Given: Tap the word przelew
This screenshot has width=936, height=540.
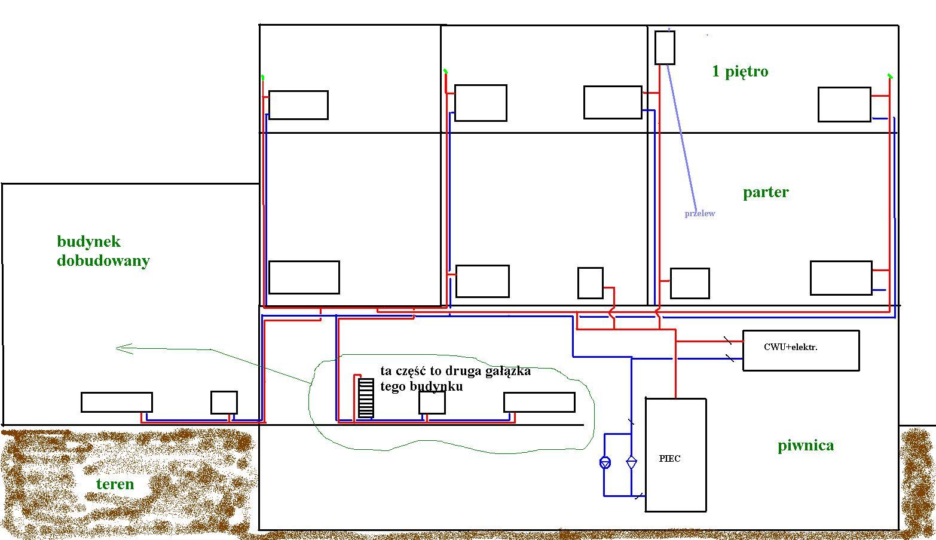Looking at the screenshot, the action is pyautogui.click(x=700, y=213).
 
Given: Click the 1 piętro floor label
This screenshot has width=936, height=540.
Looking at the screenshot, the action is pyautogui.click(x=740, y=72).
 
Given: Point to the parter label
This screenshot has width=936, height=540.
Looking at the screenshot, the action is pyautogui.click(x=766, y=192).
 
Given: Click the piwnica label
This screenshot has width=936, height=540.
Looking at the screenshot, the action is pyautogui.click(x=806, y=445).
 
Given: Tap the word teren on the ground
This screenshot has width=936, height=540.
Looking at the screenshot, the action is pyautogui.click(x=115, y=484).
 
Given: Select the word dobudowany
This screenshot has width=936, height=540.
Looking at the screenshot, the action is pyautogui.click(x=103, y=260).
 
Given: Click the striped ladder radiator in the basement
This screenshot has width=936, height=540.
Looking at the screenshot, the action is pyautogui.click(x=366, y=398).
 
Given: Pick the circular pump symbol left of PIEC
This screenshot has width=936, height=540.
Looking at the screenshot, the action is pyautogui.click(x=605, y=462).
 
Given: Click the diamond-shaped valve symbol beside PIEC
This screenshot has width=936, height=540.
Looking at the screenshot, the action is pyautogui.click(x=631, y=462).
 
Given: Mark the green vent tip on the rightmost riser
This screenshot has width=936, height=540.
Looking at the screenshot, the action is pyautogui.click(x=890, y=76).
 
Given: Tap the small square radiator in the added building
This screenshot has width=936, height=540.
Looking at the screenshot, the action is pyautogui.click(x=224, y=402).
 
